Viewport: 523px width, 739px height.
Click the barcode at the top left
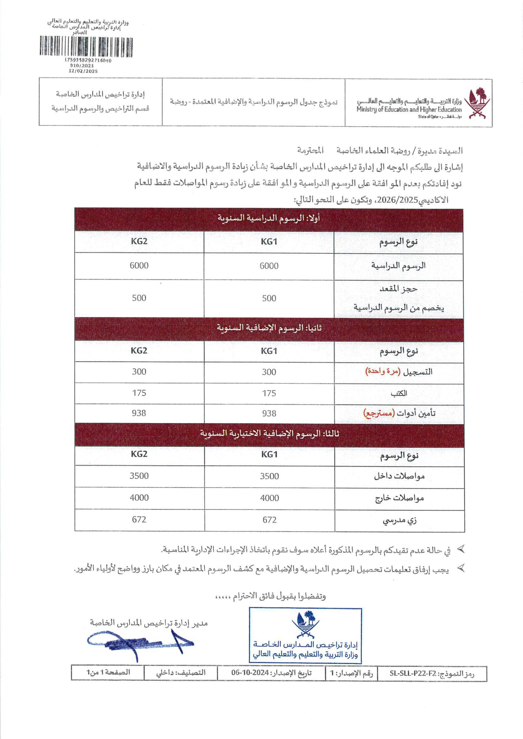(x=86, y=47)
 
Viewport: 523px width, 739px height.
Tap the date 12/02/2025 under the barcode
(x=83, y=71)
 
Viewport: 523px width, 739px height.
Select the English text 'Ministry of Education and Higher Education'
(x=409, y=109)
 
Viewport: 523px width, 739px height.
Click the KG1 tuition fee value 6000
(x=269, y=266)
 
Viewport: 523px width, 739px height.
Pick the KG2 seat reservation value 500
(x=139, y=298)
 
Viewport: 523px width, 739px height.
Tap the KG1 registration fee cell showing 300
(x=269, y=372)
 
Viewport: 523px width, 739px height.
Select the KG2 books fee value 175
(x=139, y=393)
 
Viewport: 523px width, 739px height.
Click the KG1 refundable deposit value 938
(x=269, y=413)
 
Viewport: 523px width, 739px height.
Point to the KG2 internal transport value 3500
(x=139, y=476)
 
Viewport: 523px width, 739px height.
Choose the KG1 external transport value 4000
(x=269, y=498)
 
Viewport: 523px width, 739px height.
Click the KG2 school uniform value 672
(x=139, y=520)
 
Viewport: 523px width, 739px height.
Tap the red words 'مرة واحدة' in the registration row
(x=382, y=372)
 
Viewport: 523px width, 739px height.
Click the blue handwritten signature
(x=139, y=643)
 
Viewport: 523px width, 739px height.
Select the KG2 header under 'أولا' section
(x=139, y=241)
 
